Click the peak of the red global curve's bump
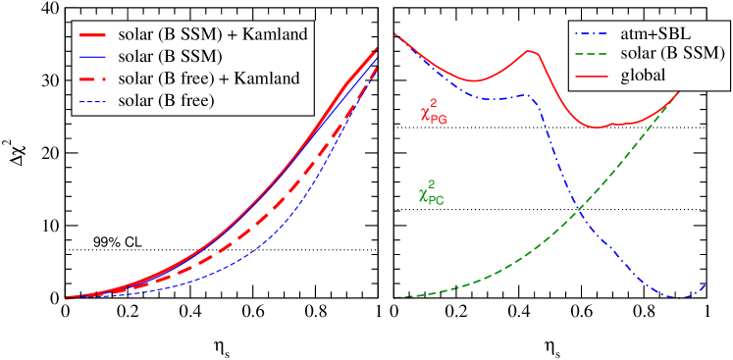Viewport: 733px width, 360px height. tap(530, 50)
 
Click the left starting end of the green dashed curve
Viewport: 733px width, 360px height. tap(394, 297)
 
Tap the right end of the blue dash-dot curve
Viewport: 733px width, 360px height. tap(707, 284)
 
